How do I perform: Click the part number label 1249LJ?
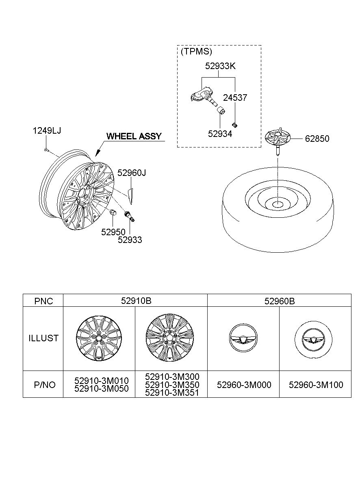pyautogui.click(x=47, y=131)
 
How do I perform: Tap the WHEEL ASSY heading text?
pyautogui.click(x=134, y=136)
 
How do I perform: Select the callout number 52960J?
pyautogui.click(x=132, y=173)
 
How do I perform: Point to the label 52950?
pyautogui.click(x=113, y=232)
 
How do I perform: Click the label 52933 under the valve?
pyautogui.click(x=130, y=240)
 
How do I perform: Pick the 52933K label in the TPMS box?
pyautogui.click(x=220, y=66)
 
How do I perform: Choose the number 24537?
pyautogui.click(x=235, y=98)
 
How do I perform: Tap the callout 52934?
pyautogui.click(x=220, y=134)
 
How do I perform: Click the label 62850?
pyautogui.click(x=317, y=139)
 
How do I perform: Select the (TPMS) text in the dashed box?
pyautogui.click(x=196, y=52)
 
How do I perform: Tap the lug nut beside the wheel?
pyautogui.click(x=113, y=212)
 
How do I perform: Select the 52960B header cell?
pyautogui.click(x=280, y=301)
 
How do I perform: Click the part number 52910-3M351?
pyautogui.click(x=172, y=392)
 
